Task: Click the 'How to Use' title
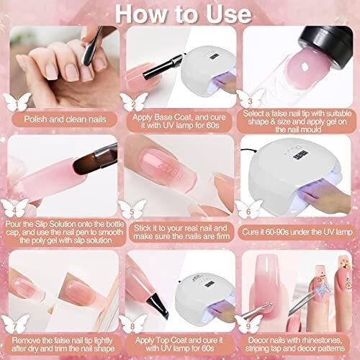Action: (184, 14)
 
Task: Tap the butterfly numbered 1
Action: (17, 102)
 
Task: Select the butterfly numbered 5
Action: (132, 210)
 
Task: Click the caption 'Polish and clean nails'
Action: (65, 120)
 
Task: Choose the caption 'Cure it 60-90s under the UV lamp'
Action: (297, 232)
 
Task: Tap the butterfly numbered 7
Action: (15, 324)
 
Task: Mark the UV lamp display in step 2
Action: (214, 58)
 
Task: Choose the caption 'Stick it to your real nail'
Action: (180, 228)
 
